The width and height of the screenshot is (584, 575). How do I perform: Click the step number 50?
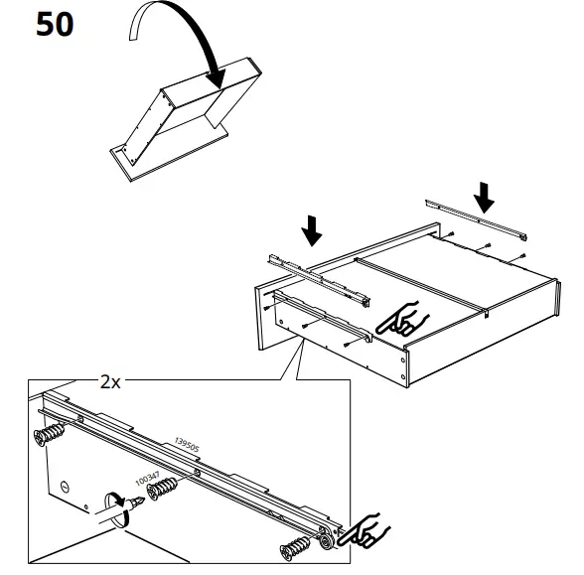pyautogui.click(x=56, y=24)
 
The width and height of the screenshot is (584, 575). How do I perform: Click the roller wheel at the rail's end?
pyautogui.click(x=327, y=543)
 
